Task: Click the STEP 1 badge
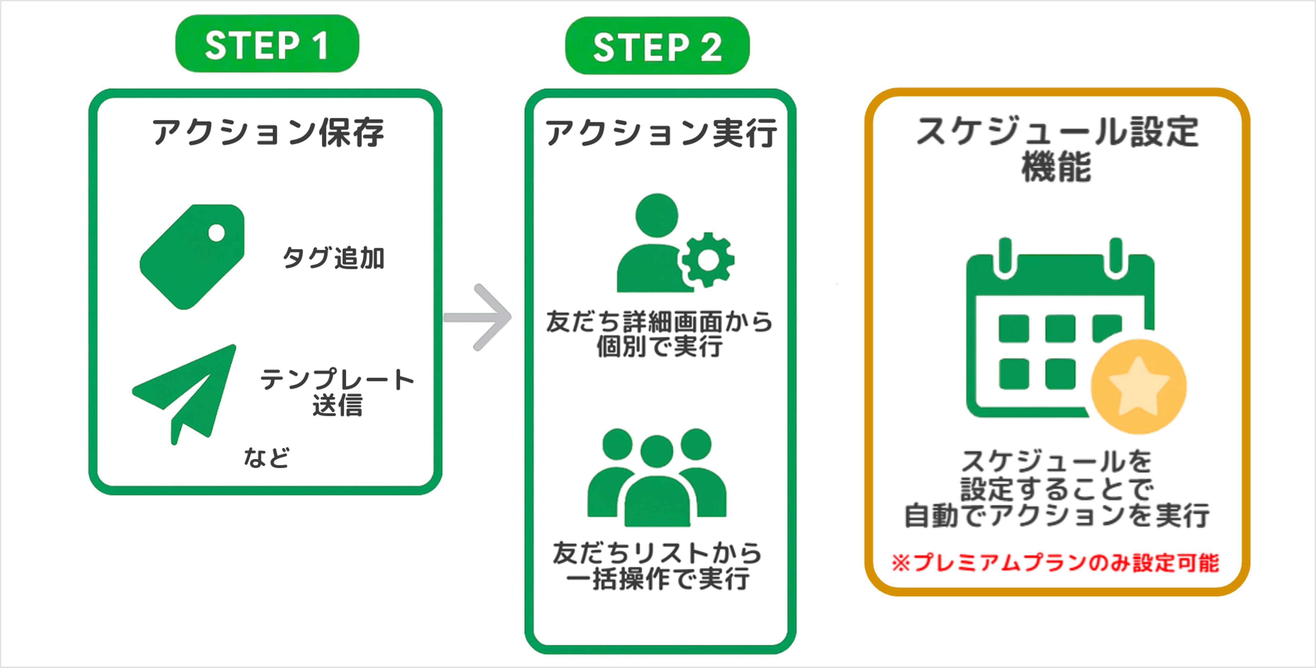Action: pos(267,44)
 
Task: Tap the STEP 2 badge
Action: pos(657,45)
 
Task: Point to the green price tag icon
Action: pos(192,257)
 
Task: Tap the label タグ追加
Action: pos(333,257)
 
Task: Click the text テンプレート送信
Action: pos(337,392)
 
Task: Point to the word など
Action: pos(266,457)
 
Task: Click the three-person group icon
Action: pos(657,478)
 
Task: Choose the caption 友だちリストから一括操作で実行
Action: pos(657,566)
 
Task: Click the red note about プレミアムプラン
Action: pos(1055,563)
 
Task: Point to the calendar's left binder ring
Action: pos(1006,258)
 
